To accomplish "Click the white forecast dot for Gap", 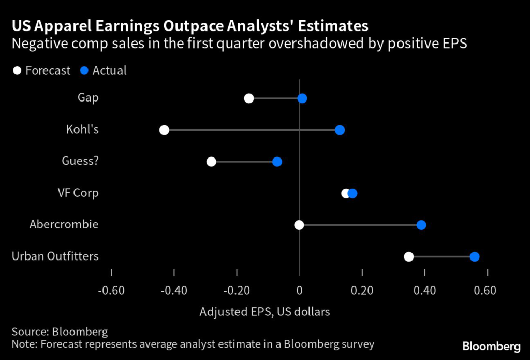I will point(249,98).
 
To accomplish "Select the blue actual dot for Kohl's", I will point(340,130).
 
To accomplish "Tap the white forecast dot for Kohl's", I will point(164,130).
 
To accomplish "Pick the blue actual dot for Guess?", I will point(277,162).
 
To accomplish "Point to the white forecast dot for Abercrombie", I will point(299,225).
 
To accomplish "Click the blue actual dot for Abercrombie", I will point(421,225).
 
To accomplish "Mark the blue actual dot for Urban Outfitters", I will point(475,256).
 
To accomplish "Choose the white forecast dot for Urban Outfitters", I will point(409,256).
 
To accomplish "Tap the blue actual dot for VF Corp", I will point(352,193).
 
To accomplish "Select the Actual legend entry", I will point(104,70).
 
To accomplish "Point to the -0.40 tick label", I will point(174,290).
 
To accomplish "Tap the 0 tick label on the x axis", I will point(299,290).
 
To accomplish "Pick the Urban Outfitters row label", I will point(55,256).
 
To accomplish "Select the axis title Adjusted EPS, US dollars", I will point(264,312).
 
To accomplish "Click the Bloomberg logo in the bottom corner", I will point(491,345).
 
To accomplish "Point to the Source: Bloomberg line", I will point(60,332).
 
